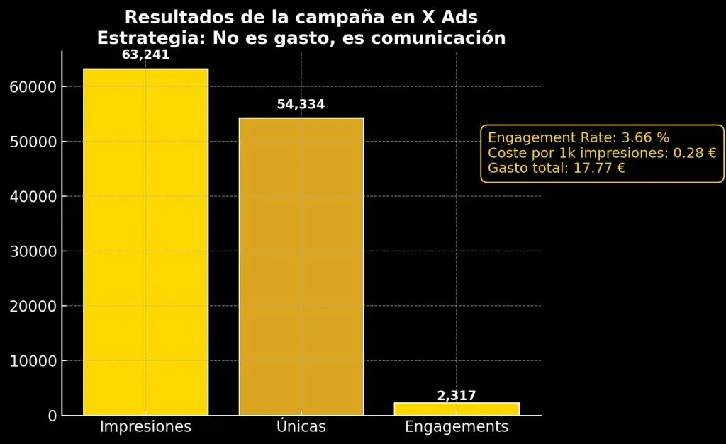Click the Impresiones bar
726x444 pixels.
[145, 241]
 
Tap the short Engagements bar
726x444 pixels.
[457, 409]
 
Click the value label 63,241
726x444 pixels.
[145, 55]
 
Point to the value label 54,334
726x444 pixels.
[301, 105]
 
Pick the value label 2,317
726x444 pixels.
[457, 396]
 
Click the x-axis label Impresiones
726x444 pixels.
[145, 427]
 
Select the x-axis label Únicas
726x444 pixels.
[301, 427]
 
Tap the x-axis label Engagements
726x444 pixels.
[457, 427]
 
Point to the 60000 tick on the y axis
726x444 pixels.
[33, 87]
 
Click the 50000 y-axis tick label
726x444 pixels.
[33, 142]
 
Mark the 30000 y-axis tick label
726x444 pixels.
[33, 251]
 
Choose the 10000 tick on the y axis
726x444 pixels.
[33, 361]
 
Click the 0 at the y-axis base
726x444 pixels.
[52, 416]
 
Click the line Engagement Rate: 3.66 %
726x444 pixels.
[579, 138]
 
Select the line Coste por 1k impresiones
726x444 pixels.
[602, 153]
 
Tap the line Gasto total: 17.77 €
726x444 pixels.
[557, 169]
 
